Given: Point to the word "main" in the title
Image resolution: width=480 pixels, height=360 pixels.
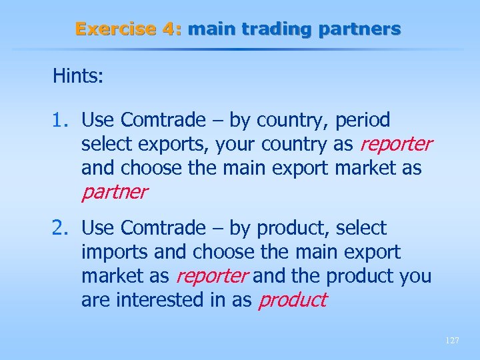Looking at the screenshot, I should click(x=209, y=29).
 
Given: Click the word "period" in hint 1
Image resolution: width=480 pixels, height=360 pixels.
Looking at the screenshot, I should click(x=363, y=121).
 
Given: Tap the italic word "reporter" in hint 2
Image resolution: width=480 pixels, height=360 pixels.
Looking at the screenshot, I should click(x=213, y=276).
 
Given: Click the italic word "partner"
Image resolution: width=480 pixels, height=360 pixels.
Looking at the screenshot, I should click(x=114, y=193).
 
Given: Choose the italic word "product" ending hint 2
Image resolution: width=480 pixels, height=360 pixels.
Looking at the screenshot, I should click(x=293, y=300).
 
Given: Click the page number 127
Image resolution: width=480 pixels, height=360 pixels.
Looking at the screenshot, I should click(x=451, y=340).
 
